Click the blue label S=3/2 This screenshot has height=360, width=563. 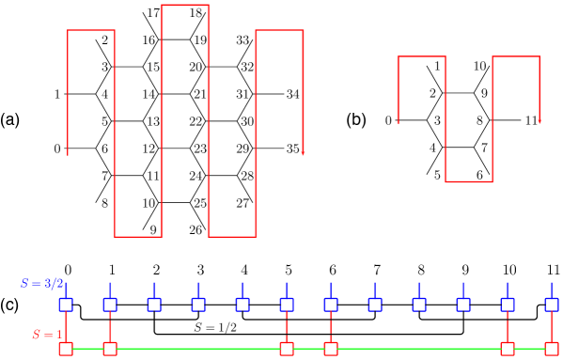tap(42, 283)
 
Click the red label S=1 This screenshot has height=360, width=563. tap(48, 335)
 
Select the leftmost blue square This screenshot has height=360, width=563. tap(66, 305)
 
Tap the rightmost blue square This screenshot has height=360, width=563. tap(552, 305)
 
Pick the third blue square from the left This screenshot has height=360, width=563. tap(154, 305)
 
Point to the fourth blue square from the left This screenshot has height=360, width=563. tap(198, 305)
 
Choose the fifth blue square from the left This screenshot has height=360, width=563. tap(242, 305)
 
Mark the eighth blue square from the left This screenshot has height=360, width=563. tap(375, 305)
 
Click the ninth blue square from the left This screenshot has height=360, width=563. tap(419, 305)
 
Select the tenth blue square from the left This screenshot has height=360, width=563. tap(463, 305)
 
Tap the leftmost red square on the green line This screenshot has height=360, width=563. tap(66, 349)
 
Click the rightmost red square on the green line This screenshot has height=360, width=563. tap(552, 349)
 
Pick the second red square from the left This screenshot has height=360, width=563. tap(110, 349)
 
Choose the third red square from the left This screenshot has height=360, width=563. tap(287, 349)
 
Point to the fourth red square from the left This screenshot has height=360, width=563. tap(331, 349)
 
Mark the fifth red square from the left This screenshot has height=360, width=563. tap(508, 349)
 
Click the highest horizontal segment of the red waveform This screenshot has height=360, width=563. tap(185, 6)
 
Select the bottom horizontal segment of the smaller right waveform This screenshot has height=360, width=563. tap(469, 181)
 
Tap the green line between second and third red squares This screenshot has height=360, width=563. tap(198, 349)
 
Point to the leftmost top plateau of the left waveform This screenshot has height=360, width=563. tap(91, 31)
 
